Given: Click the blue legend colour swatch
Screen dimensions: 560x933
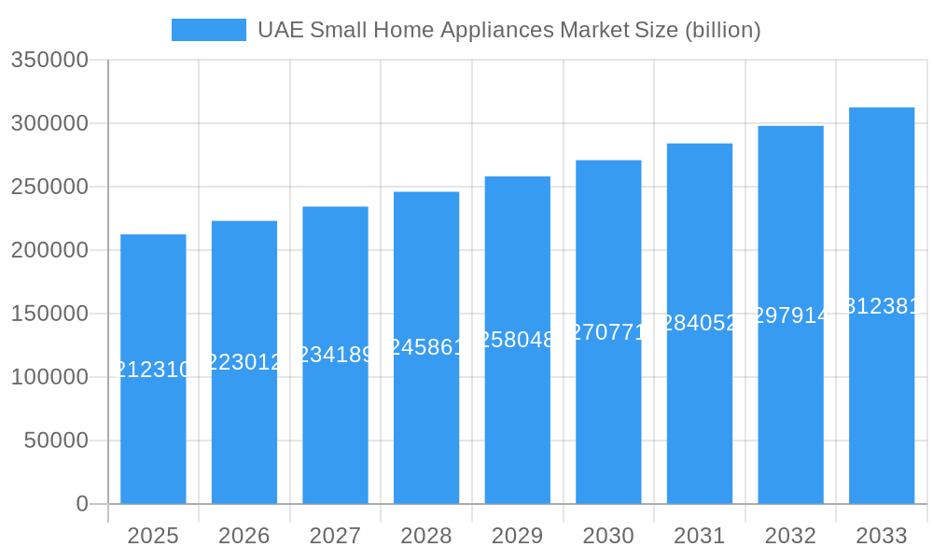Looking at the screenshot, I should click(208, 30).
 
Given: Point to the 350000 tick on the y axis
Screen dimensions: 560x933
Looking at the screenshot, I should click(49, 61).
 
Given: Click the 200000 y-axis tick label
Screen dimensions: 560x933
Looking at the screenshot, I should click(49, 250).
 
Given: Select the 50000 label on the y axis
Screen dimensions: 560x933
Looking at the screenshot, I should click(56, 441).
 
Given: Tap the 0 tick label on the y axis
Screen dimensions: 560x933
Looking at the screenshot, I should click(82, 504).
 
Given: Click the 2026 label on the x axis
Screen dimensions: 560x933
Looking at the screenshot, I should click(244, 536).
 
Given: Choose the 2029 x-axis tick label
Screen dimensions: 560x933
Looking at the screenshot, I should click(517, 536).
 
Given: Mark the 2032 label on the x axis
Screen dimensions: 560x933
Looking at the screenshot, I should click(790, 536).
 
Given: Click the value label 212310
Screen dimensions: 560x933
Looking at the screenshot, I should click(153, 371).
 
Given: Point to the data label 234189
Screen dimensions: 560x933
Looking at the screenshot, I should click(335, 355).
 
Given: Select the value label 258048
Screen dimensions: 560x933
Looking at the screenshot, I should click(517, 340).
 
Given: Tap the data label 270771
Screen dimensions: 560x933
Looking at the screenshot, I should click(608, 332).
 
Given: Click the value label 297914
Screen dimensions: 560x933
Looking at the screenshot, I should click(790, 315).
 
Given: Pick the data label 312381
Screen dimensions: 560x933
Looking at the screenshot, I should click(882, 306).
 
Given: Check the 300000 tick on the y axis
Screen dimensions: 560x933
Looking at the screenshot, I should click(49, 123).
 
